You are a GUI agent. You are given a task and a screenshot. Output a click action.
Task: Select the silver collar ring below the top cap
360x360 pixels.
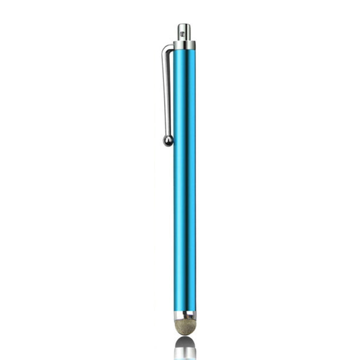click(x=185, y=45)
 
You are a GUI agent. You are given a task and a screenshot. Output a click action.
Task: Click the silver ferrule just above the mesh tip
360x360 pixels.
click(x=185, y=315)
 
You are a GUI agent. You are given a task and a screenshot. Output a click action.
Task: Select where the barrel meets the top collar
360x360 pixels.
click(x=185, y=50)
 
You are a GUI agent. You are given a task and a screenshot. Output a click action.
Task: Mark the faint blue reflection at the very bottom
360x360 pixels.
click(x=185, y=358)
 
